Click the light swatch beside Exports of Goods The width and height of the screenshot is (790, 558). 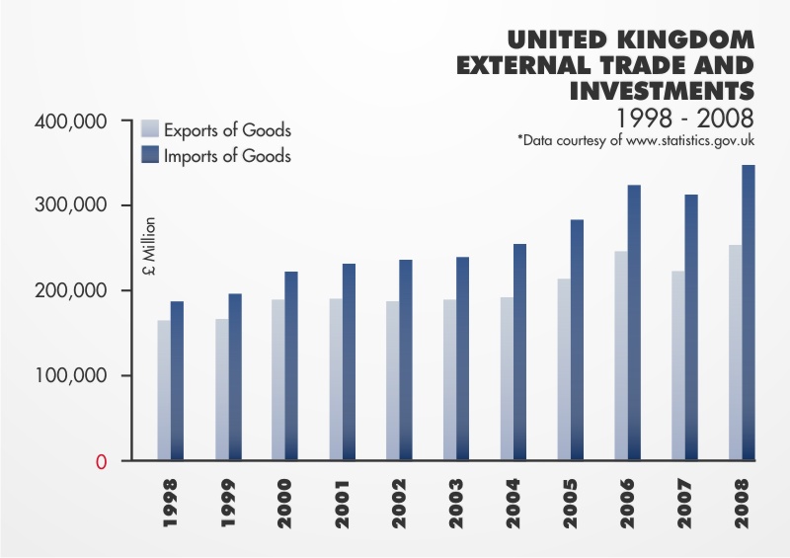pos(150,129)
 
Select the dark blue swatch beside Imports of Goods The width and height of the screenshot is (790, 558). pos(150,154)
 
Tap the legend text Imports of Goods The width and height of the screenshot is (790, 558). pos(227,155)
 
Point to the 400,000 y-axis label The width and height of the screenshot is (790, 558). pos(71,121)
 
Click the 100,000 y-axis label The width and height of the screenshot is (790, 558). pos(71,376)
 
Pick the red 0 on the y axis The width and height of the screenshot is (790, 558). pos(101,462)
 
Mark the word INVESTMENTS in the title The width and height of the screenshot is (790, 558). pos(662,92)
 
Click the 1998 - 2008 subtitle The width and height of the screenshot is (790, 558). pos(685,118)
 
